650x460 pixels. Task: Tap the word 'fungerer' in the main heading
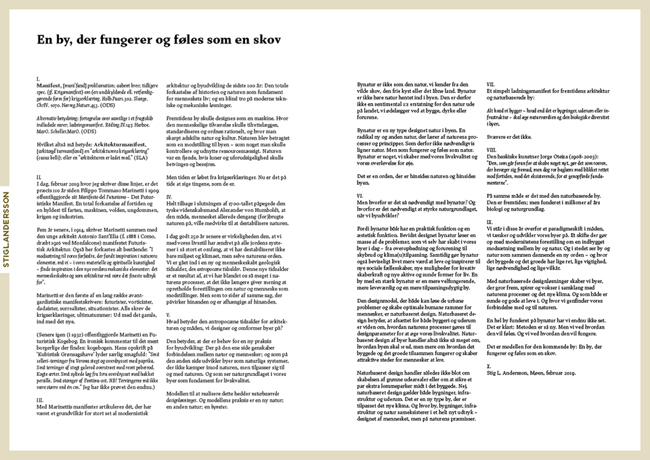pos(125,39)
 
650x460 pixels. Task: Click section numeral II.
pos(39,176)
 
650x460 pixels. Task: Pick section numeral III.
pos(39,400)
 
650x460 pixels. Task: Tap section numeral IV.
pos(169,196)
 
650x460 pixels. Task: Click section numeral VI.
pos(360,195)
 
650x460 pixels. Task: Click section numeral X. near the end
pos(489,365)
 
